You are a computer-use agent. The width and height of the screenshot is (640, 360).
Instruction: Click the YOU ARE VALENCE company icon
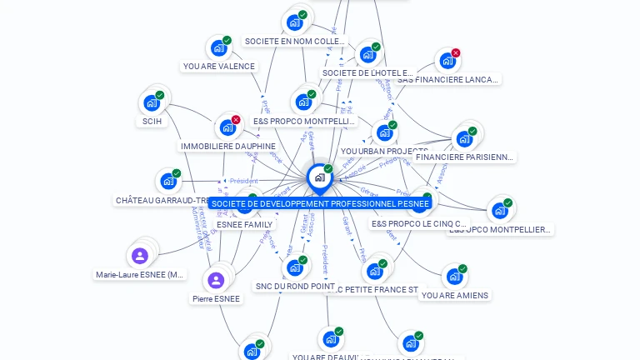218,48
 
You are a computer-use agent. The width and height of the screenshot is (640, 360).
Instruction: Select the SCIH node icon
152,102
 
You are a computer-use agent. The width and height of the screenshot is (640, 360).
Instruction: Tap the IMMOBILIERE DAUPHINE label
227,147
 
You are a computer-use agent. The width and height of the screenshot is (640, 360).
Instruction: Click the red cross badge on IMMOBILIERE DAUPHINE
236,120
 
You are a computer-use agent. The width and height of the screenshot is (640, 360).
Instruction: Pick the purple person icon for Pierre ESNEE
216,280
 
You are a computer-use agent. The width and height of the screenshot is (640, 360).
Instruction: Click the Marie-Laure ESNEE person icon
140,256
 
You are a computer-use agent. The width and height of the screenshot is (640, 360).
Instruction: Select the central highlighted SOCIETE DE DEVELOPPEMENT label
320,203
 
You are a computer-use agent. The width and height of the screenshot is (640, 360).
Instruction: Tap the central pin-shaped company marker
319,177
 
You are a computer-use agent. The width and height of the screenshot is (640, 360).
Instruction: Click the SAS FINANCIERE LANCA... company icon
447,61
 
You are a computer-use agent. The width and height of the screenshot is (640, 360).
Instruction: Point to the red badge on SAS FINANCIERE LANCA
456,53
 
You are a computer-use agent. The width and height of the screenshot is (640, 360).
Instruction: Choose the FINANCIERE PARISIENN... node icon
463,138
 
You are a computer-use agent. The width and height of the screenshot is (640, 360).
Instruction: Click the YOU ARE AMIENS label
455,295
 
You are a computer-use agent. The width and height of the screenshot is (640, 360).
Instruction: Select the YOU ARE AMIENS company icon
453,276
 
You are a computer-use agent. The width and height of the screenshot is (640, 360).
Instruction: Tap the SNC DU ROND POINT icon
294,268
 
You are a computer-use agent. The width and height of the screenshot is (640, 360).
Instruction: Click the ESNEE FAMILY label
244,225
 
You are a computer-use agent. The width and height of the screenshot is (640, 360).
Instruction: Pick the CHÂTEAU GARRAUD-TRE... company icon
168,181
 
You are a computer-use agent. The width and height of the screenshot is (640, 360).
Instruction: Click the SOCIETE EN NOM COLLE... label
294,41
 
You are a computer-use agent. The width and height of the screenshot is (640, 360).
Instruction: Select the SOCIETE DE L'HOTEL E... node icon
367,55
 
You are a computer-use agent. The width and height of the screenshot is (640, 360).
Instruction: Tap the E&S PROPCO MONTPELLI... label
304,122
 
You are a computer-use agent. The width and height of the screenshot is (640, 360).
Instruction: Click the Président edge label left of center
243,181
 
